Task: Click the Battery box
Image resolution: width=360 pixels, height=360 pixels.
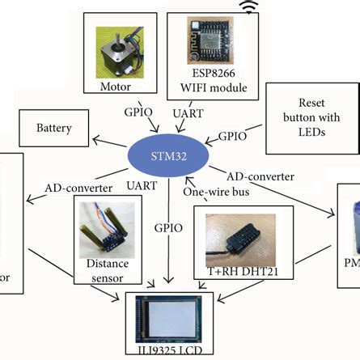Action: coord(55,128)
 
